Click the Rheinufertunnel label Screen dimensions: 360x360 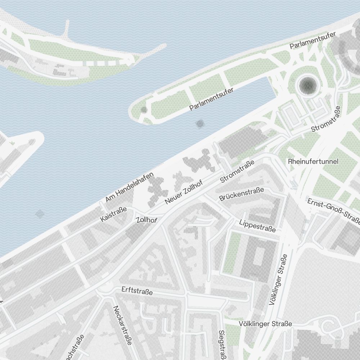tap(313, 162)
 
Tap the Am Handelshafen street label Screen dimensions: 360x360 tap(130, 187)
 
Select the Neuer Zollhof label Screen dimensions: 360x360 tap(184, 193)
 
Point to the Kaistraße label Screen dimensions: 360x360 tap(114, 214)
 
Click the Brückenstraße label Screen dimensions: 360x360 tap(242, 194)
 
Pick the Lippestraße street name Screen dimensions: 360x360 tap(257, 225)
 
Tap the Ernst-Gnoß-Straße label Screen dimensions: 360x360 tap(333, 211)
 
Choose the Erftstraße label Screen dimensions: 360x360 tap(137, 291)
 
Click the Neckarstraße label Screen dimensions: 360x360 tap(122, 325)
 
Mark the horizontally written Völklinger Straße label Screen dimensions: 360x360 tap(265, 324)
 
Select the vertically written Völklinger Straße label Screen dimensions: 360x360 tap(278, 280)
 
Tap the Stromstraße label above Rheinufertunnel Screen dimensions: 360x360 tap(326, 119)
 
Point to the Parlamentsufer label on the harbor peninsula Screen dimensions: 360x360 tap(211, 99)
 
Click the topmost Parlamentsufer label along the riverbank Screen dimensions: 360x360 tap(312, 40)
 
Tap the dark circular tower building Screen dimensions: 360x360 tap(307, 85)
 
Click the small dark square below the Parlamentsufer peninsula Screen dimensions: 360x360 tap(199, 124)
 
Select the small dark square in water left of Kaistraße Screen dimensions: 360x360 tap(40, 215)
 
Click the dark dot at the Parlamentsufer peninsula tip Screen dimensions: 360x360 tap(144, 109)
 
